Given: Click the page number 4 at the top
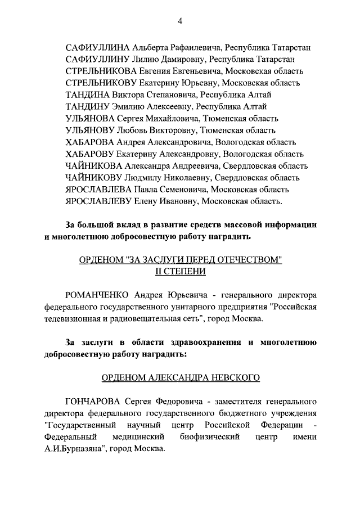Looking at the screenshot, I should [x=181, y=21].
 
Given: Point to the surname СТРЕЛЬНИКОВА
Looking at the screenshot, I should [x=101, y=71].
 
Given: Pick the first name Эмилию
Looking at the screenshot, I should [x=133, y=106].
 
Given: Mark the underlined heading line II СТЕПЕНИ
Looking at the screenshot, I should [x=181, y=272].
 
